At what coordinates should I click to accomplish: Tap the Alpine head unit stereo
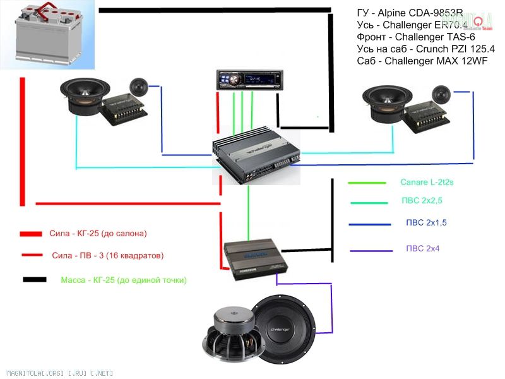(246, 80)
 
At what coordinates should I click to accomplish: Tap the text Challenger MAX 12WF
(430, 61)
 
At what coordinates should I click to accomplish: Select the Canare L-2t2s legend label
(427, 183)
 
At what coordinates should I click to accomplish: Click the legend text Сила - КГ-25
(98, 233)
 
